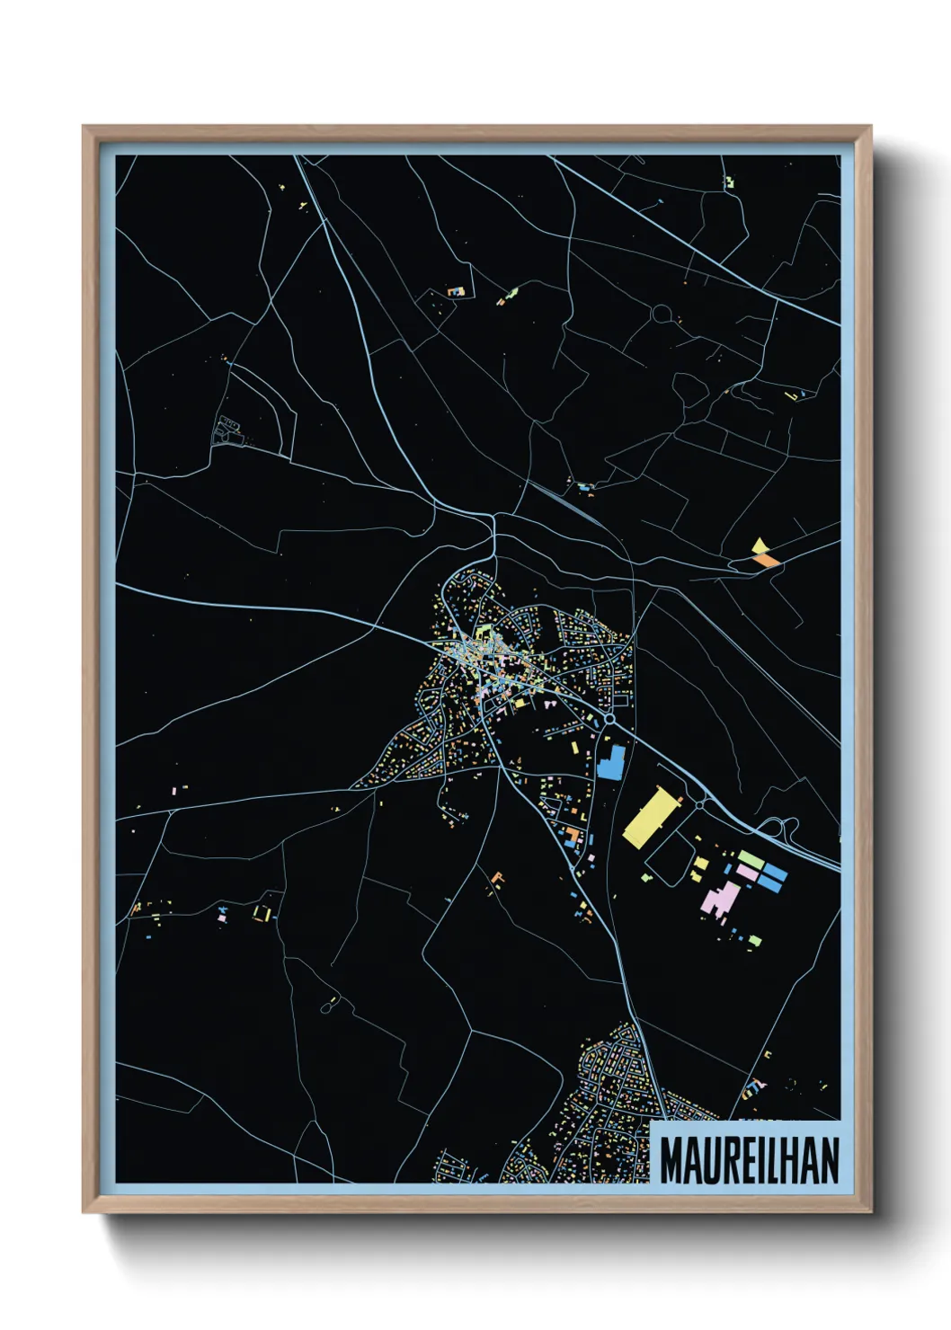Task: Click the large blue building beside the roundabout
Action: point(611,762)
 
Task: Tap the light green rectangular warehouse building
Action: point(751,860)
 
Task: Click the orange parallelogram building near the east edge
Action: point(767,559)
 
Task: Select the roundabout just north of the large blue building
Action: point(610,719)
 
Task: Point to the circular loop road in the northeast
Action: point(662,314)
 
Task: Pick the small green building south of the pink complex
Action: point(755,940)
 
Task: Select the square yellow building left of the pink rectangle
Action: point(700,864)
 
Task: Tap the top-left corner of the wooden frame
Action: point(84,127)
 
